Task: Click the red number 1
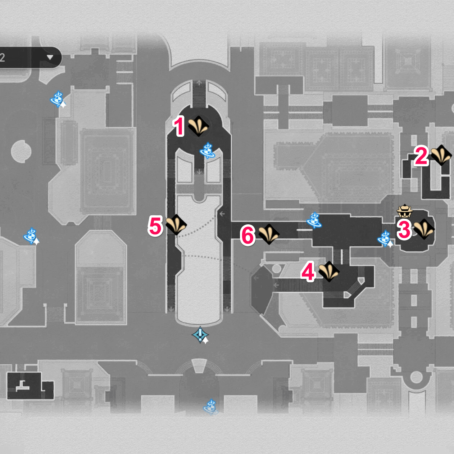(179, 126)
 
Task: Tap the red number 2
(421, 156)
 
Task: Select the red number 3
(404, 229)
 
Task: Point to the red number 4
(308, 272)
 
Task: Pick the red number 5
(155, 226)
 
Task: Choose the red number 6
(248, 235)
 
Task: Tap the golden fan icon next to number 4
(329, 271)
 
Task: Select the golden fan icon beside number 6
(269, 234)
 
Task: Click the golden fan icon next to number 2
(441, 155)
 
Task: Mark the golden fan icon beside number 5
(176, 225)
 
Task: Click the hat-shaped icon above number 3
(405, 210)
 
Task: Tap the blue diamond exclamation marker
(200, 335)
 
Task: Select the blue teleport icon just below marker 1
(208, 151)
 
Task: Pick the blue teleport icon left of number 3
(385, 239)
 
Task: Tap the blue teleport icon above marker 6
(314, 220)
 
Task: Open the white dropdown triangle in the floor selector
(50, 58)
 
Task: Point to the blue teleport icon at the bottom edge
(210, 407)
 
